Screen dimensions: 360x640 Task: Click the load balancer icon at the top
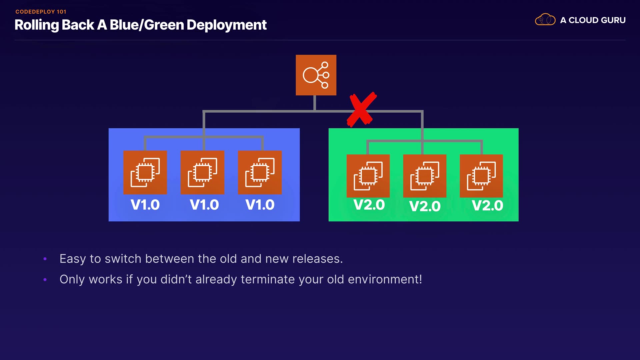[x=316, y=75]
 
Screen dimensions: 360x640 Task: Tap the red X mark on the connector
[x=361, y=110]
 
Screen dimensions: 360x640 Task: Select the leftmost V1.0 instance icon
[x=145, y=172]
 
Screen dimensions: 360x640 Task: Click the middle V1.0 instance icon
[x=202, y=172]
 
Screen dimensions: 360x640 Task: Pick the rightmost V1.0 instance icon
[x=260, y=172]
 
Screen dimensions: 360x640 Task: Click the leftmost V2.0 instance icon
[x=368, y=176]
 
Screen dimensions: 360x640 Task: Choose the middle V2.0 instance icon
[x=425, y=176]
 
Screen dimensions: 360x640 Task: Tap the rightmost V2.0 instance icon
[x=481, y=176]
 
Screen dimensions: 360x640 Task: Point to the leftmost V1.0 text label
[x=145, y=205]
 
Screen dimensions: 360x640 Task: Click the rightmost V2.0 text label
[x=487, y=206]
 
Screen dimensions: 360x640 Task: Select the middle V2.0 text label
[x=425, y=206]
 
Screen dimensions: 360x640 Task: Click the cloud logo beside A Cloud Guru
[x=545, y=20]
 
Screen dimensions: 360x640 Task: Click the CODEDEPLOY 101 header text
[x=41, y=12]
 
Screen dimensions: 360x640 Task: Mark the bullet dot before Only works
[x=45, y=280]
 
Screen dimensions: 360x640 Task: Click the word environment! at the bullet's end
[x=385, y=279]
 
